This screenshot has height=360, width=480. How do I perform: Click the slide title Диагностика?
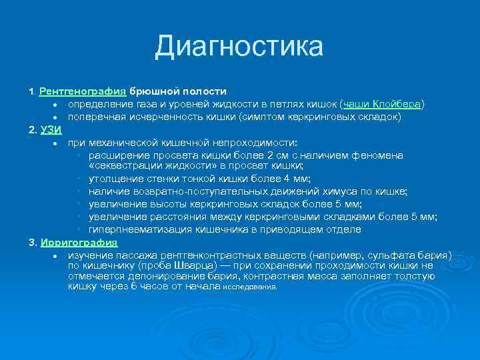pyautogui.click(x=239, y=47)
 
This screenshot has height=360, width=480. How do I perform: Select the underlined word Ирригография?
pyautogui.click(x=79, y=243)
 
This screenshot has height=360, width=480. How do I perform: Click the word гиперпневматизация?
pyautogui.click(x=139, y=229)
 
